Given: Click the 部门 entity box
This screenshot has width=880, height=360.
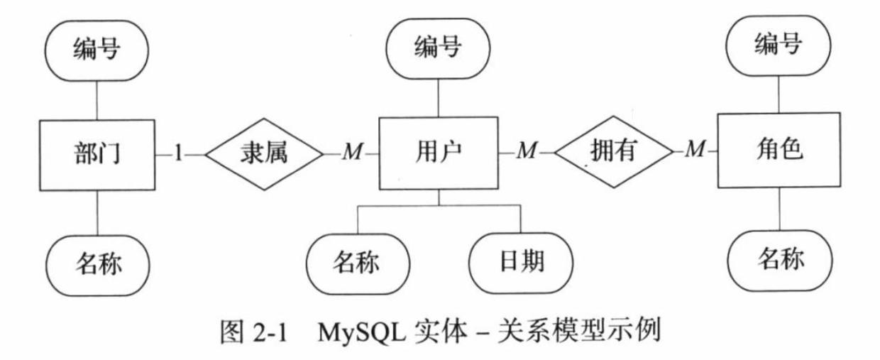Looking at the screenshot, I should point(97,153).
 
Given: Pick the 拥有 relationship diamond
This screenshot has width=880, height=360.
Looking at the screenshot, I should point(612,151).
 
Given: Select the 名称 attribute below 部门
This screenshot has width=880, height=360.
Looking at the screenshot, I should point(97,262).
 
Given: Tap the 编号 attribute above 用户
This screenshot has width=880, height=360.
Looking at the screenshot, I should point(438,49).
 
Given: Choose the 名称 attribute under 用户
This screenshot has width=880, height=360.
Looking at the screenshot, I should point(357,262).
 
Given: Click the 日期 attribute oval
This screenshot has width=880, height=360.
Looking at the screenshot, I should point(518,262).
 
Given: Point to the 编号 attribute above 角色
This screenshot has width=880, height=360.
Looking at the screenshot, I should point(779,47).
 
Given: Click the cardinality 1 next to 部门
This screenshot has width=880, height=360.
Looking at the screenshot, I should point(178,153).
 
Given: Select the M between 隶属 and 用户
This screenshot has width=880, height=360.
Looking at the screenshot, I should point(352,153).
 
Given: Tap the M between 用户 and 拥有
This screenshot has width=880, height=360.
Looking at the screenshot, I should point(526,151).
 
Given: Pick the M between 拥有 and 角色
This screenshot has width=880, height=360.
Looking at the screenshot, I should point(696,151).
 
